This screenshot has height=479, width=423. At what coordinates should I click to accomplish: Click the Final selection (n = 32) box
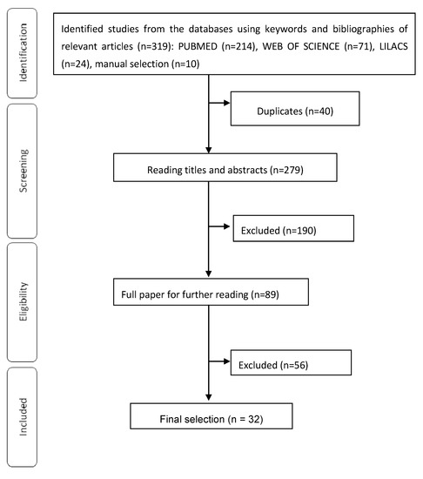pyautogui.click(x=210, y=420)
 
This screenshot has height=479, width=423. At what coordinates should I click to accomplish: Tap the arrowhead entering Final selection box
pyautogui.click(x=210, y=399)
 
